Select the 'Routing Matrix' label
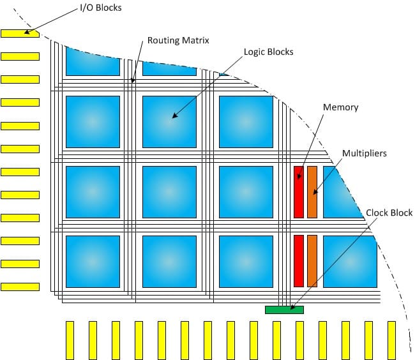pyautogui.click(x=178, y=40)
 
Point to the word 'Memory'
pyautogui.click(x=340, y=107)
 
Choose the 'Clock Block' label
pyautogui.click(x=389, y=213)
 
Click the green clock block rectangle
pyautogui.click(x=284, y=310)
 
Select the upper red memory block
pyautogui.click(x=298, y=192)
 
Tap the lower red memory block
pyautogui.click(x=298, y=261)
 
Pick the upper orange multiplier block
pyautogui.click(x=312, y=192)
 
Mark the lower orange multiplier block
pyautogui.click(x=312, y=261)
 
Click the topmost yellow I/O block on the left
pyautogui.click(x=20, y=33)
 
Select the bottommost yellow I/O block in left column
pyautogui.click(x=20, y=287)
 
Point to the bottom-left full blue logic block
pyautogui.click(x=93, y=261)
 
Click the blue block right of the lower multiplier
pyautogui.click(x=349, y=261)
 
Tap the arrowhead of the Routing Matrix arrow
pyautogui.click(x=133, y=82)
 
